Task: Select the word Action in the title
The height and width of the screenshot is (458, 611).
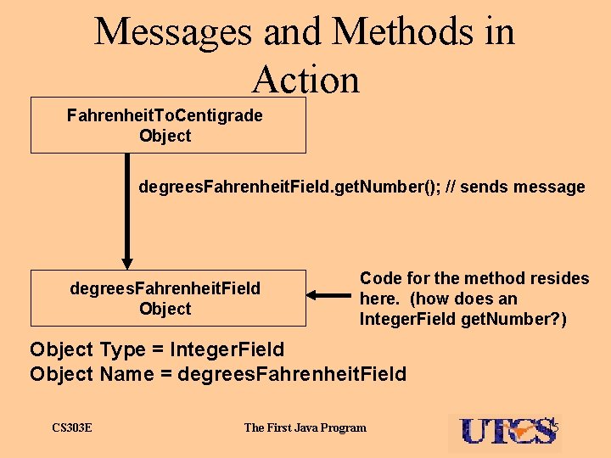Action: [x=305, y=80]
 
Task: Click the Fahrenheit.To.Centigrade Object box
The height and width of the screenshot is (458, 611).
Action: [x=168, y=126]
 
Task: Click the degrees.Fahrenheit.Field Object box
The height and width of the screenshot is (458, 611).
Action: [x=168, y=298]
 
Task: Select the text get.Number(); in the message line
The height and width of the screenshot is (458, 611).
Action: [x=393, y=187]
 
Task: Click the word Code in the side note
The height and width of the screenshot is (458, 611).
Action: [x=379, y=278]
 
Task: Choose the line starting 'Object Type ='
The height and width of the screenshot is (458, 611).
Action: [x=157, y=349]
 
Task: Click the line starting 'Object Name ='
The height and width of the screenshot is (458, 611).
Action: [x=218, y=374]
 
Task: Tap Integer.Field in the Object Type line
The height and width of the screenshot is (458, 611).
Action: [x=227, y=349]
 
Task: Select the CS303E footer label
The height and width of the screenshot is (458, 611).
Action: [x=72, y=427]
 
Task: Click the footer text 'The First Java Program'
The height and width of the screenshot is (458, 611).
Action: [x=305, y=427]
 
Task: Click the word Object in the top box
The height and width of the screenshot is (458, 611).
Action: [x=165, y=136]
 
